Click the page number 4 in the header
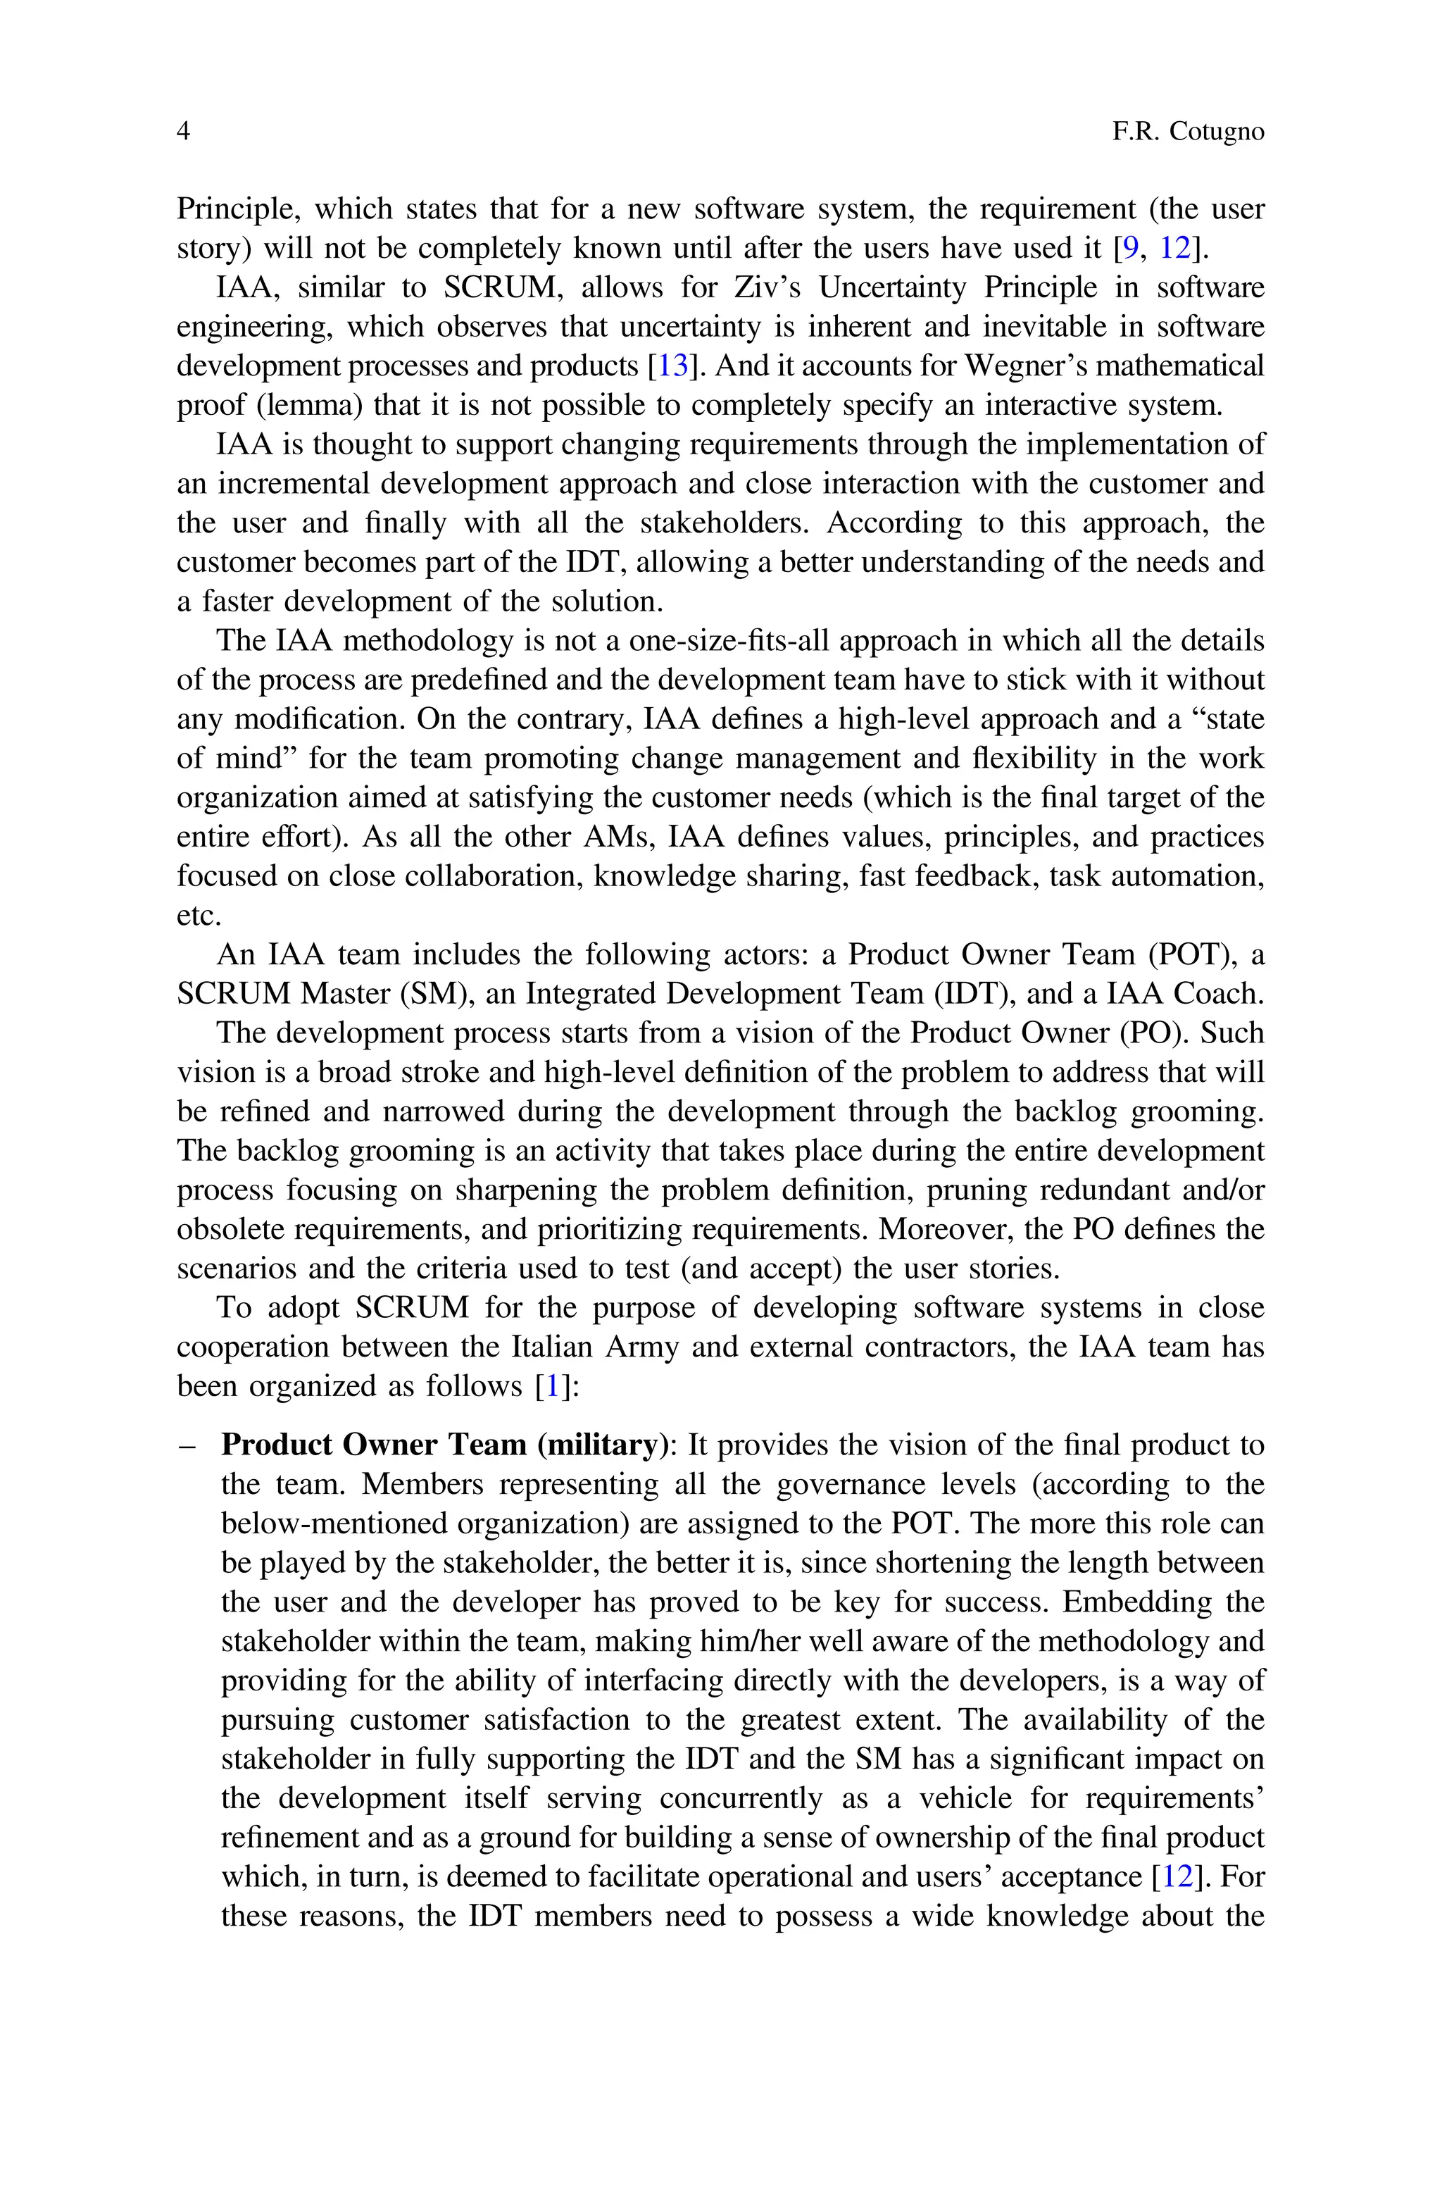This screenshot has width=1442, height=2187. click(x=183, y=132)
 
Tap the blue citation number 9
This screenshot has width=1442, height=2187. click(x=1130, y=249)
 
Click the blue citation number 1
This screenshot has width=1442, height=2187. click(x=553, y=1386)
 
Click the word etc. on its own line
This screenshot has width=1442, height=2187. click(x=199, y=916)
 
